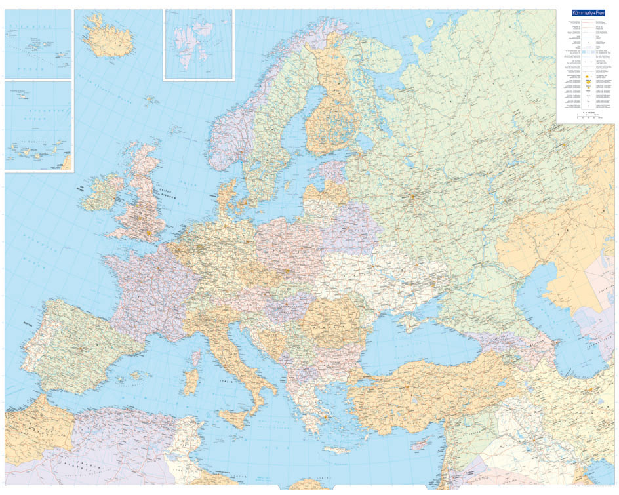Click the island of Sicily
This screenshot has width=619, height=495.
click(x=234, y=418)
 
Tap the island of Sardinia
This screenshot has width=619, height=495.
click(x=190, y=382)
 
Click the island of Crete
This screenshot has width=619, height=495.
click(x=337, y=450)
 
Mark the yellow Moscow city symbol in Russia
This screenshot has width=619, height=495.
click(x=413, y=194)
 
